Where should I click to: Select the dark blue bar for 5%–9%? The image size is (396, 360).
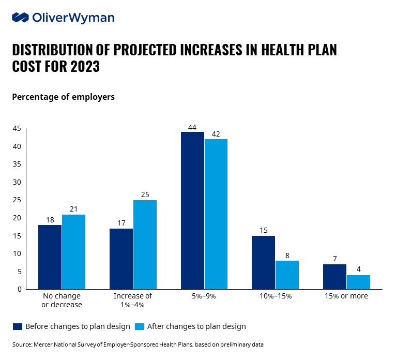pos(192,211)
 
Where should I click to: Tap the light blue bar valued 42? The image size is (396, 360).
pos(216,214)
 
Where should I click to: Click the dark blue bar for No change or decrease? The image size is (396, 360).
pos(50,257)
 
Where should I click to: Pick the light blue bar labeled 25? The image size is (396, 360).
pos(145,245)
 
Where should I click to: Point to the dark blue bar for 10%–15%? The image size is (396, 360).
pos(264,262)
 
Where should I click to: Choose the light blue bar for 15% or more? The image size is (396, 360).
pos(358,282)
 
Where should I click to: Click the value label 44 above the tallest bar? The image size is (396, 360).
pos(192,127)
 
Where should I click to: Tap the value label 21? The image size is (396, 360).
pos(73,209)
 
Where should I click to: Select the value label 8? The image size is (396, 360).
pos(287,256)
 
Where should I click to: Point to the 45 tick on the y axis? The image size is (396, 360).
pos(17,129)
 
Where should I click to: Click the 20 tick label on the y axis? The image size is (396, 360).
pos(17,218)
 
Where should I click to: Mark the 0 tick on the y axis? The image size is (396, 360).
pos(19,289)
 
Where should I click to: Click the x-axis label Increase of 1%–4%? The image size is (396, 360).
pos(133,301)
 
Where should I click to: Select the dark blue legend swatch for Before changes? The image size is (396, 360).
pos(18,326)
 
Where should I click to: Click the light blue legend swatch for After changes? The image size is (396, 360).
pos(140,326)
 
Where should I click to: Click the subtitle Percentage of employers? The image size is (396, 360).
pos(63,97)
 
